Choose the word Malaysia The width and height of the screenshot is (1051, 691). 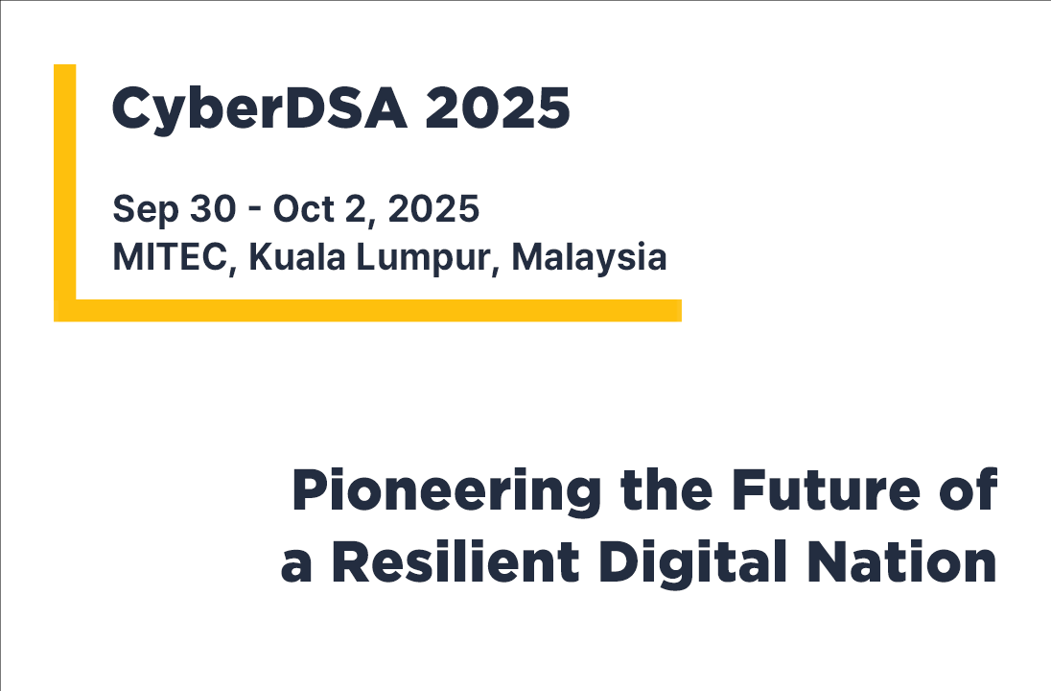tap(589, 257)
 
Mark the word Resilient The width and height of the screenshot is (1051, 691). tap(455, 563)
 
